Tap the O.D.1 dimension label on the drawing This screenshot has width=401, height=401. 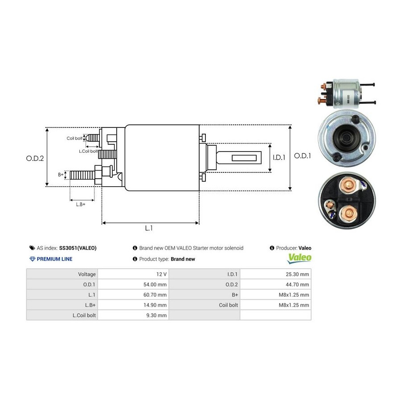(x=303, y=156)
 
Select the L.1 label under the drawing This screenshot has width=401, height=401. (x=149, y=228)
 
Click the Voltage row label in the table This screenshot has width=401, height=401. (x=86, y=274)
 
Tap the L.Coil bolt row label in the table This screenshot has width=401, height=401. (x=84, y=315)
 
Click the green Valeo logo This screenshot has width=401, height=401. (x=299, y=258)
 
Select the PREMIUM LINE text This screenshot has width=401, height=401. (x=54, y=259)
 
